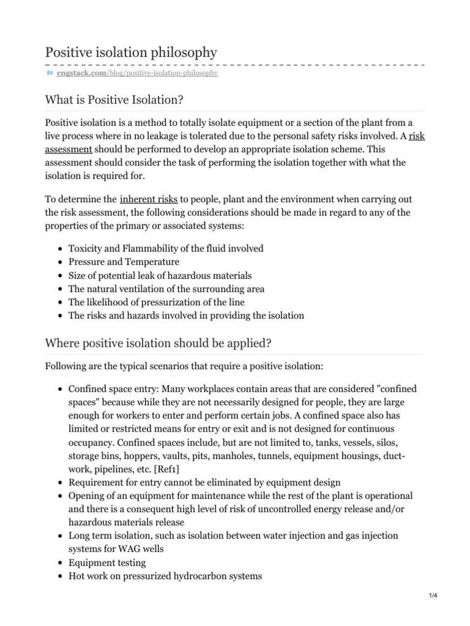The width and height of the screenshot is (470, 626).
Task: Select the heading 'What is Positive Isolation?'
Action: pyautogui.click(x=114, y=98)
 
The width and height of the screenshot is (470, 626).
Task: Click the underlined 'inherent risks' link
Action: pyautogui.click(x=149, y=199)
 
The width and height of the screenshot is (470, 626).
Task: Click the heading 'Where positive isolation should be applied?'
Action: pyautogui.click(x=158, y=343)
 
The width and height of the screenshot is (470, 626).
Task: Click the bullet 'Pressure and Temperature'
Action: pyautogui.click(x=124, y=262)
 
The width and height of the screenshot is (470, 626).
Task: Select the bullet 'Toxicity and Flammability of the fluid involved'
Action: pyautogui.click(x=166, y=248)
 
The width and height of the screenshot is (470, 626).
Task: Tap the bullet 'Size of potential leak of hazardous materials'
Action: pyautogui.click(x=160, y=275)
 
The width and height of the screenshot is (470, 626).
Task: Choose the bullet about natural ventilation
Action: pyautogui.click(x=166, y=289)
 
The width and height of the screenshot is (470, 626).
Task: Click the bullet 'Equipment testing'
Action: pyautogui.click(x=106, y=562)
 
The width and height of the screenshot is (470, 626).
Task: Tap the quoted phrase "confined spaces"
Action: pyautogui.click(x=380, y=388)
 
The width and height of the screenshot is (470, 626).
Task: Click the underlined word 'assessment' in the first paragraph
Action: pyautogui.click(x=69, y=149)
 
